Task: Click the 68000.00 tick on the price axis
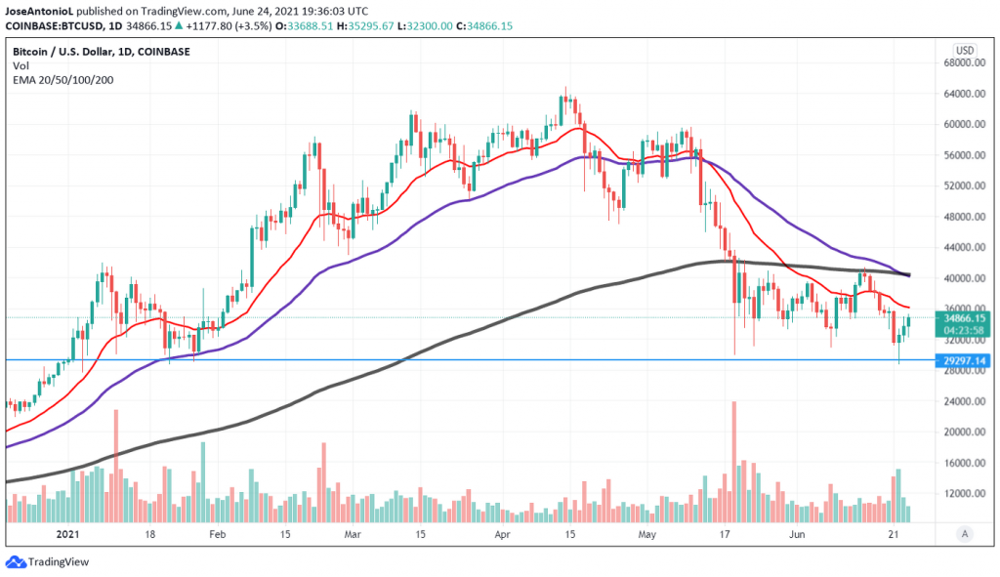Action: click(961, 63)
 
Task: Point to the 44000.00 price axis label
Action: click(961, 248)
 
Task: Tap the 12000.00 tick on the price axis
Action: click(961, 493)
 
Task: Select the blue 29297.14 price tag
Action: click(963, 360)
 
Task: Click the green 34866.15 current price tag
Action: click(963, 317)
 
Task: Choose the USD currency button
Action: click(964, 50)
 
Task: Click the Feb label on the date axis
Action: click(217, 535)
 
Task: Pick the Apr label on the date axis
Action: click(502, 535)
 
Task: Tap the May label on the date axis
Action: click(647, 535)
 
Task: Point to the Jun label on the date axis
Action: click(797, 535)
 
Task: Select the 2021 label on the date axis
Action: click(67, 535)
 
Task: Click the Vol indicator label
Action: click(21, 64)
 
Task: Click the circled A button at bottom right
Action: click(965, 533)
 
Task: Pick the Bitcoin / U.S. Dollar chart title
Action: click(102, 51)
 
